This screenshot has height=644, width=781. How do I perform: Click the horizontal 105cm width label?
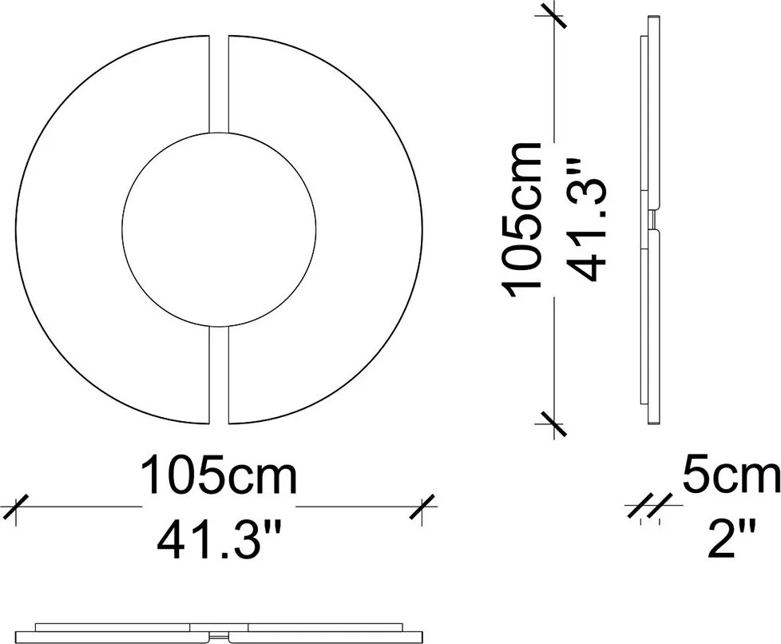(219, 474)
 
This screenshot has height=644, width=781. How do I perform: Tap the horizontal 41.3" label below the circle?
(219, 540)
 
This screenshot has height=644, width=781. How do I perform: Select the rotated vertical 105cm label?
(522, 219)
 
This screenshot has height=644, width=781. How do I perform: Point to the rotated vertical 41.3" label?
(588, 219)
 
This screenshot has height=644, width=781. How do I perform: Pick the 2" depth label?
(731, 539)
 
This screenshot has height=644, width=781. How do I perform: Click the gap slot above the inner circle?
(219, 84)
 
